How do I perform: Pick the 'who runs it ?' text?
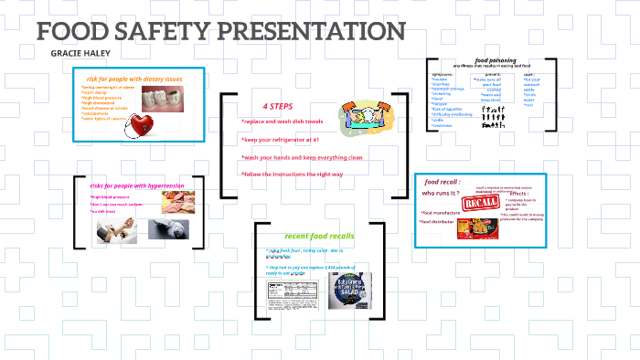[440, 193]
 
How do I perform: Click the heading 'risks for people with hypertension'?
[137, 185]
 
